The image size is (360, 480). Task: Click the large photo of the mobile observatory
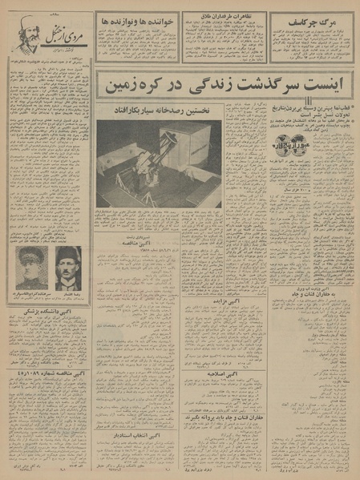159,163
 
